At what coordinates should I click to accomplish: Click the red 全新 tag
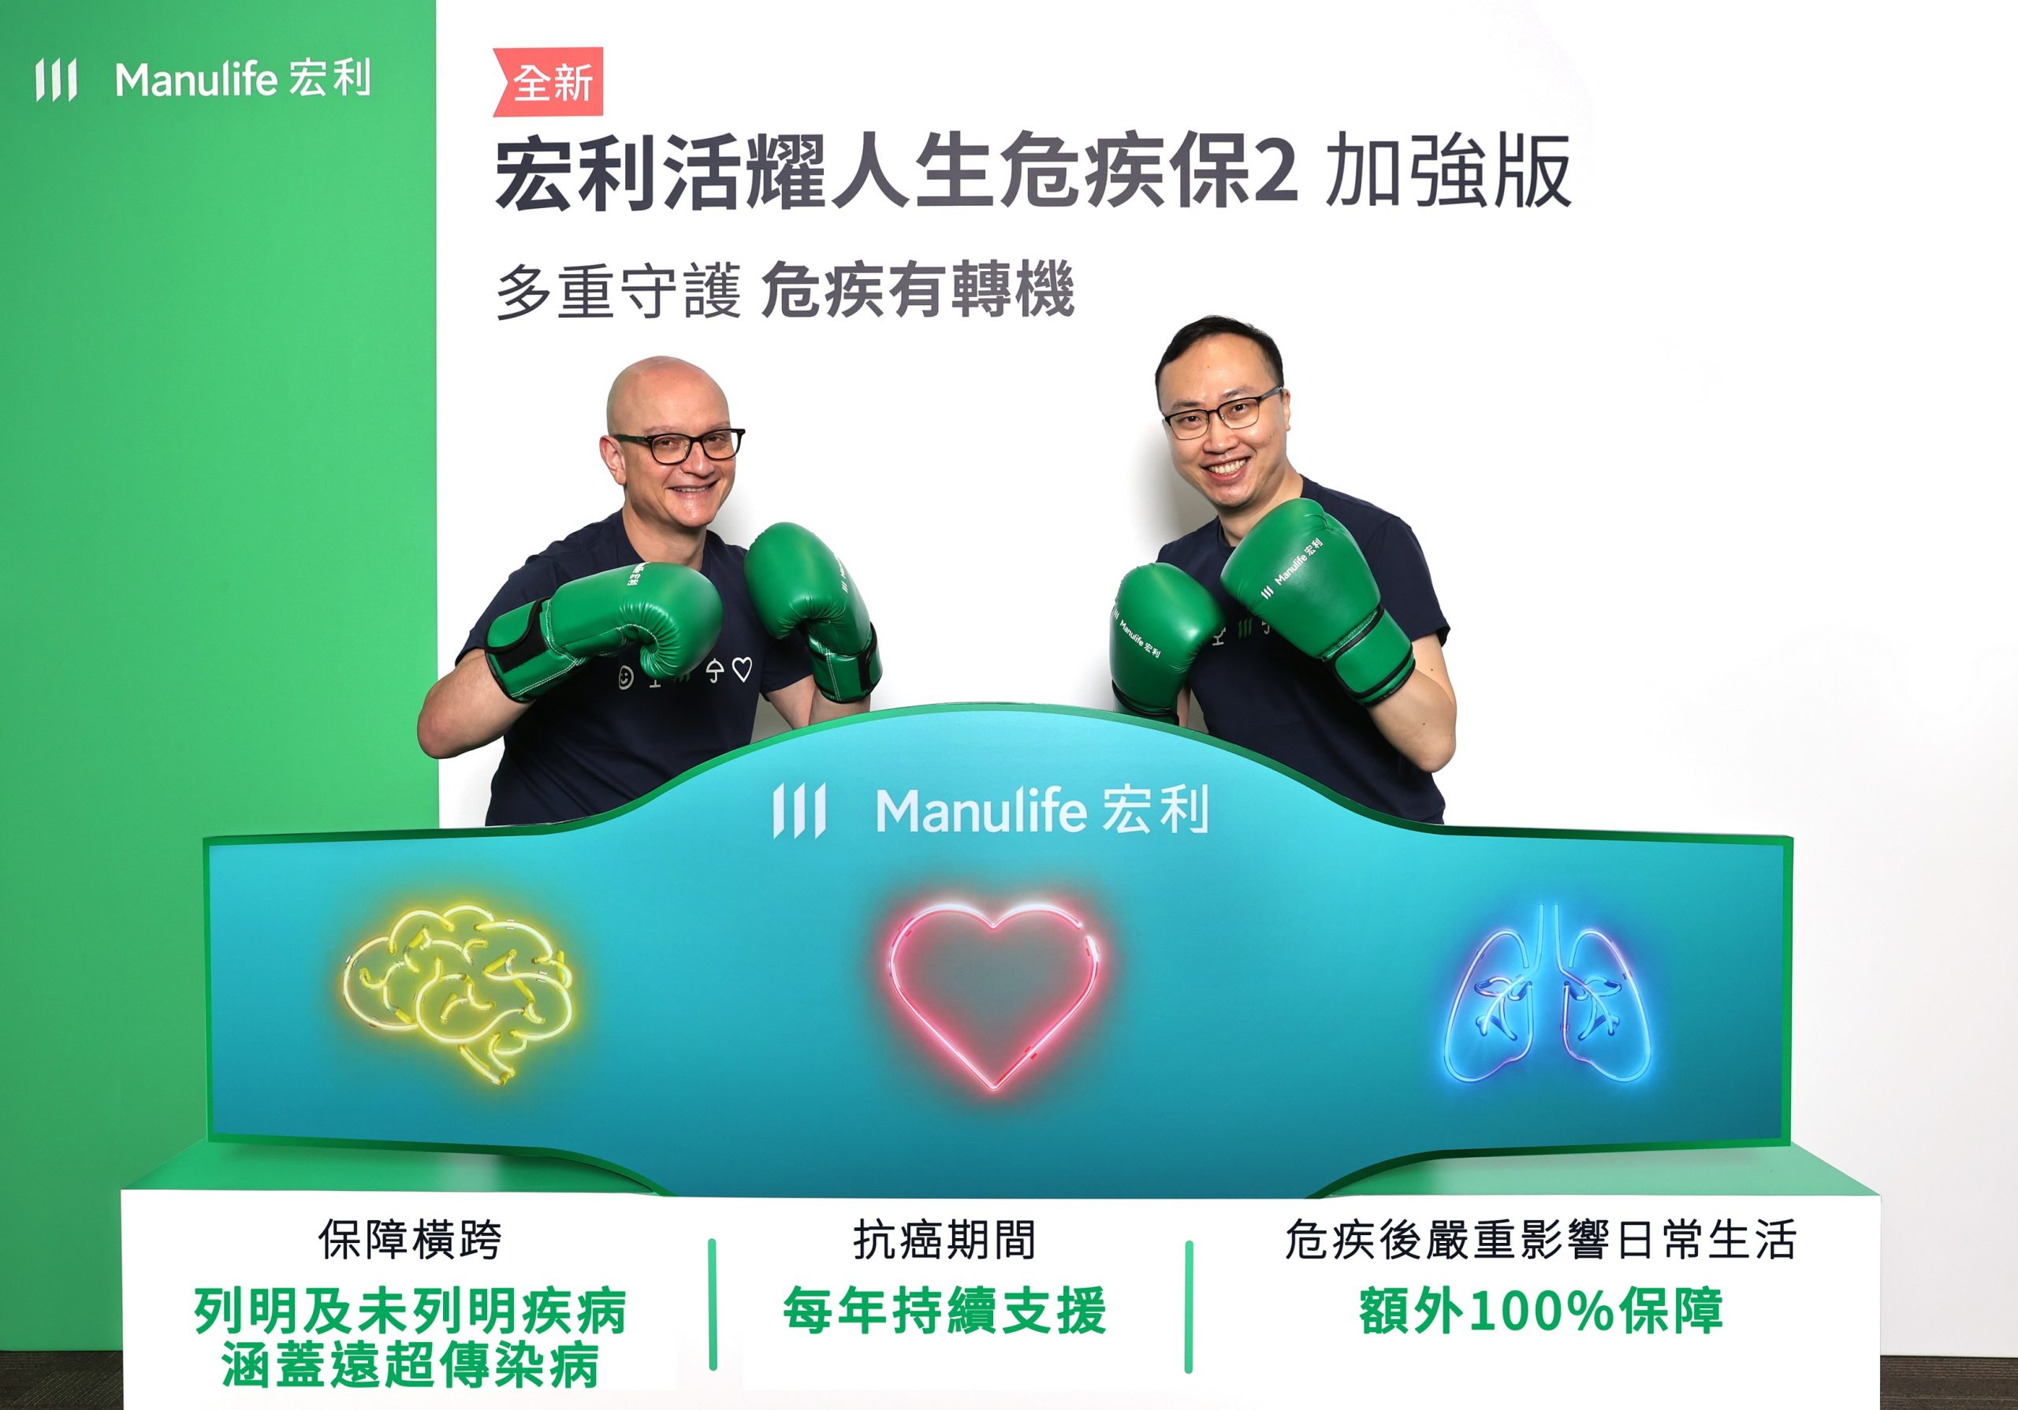coord(549,82)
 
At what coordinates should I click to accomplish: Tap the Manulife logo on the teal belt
coord(991,810)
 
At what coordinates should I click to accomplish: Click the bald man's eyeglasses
coord(678,446)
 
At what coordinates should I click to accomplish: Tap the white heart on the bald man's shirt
coord(742,670)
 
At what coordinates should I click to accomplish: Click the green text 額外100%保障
coord(1541,1311)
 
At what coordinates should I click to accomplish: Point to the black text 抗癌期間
coord(945,1240)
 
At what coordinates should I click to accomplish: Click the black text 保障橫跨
coord(410,1240)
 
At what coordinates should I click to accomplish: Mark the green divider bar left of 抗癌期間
coord(712,1304)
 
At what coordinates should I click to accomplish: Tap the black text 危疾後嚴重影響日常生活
coord(1541,1240)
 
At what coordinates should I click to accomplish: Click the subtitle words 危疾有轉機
coord(918,292)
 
